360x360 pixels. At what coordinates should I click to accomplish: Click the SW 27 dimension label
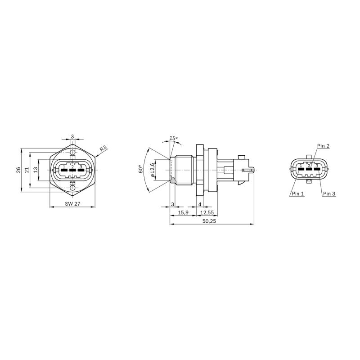coord(72,204)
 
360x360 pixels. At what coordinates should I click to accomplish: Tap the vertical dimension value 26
coord(18,170)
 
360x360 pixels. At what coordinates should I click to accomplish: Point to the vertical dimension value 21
coord(27,170)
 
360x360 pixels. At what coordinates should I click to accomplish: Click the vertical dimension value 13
coord(36,170)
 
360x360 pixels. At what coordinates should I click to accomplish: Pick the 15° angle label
coord(173,138)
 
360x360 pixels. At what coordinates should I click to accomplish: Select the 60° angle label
coord(140,169)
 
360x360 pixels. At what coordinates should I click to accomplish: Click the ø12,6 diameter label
coord(153,170)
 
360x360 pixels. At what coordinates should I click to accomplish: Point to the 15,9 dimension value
coord(183,212)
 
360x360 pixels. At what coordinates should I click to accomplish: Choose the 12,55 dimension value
coord(207,212)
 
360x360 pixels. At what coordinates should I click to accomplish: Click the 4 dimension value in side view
coord(200,204)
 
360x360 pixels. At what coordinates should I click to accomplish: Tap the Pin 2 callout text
coord(323,146)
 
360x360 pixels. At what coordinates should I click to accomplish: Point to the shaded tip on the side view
coord(173,180)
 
